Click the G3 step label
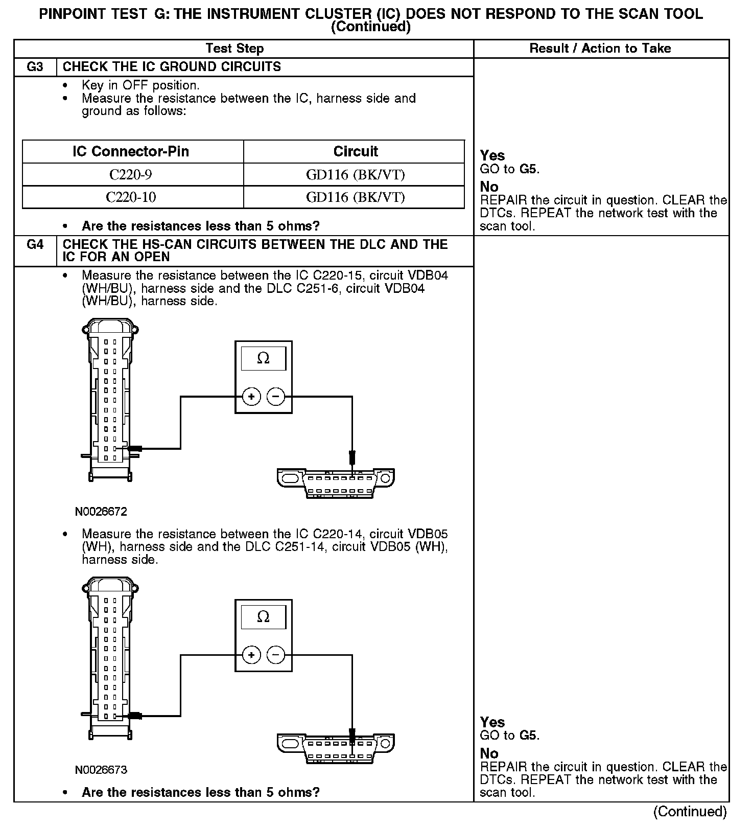[x=35, y=67]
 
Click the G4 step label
[x=35, y=245]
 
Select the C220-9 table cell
[x=131, y=175]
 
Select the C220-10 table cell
[x=131, y=197]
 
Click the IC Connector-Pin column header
[x=131, y=152]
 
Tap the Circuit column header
[x=356, y=152]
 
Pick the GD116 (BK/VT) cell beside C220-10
[x=356, y=197]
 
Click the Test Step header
[x=234, y=49]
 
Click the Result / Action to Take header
[x=600, y=49]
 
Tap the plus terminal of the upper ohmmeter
[x=251, y=397]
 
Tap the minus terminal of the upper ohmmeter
[x=276, y=397]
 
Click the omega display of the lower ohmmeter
[x=263, y=617]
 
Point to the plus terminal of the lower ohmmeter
[x=251, y=655]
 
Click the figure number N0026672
[x=101, y=512]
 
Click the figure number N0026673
[x=101, y=770]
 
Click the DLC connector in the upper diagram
[x=336, y=483]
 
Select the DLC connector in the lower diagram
[x=336, y=748]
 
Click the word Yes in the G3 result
[x=492, y=156]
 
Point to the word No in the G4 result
[x=489, y=753]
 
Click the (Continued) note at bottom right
[x=690, y=812]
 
